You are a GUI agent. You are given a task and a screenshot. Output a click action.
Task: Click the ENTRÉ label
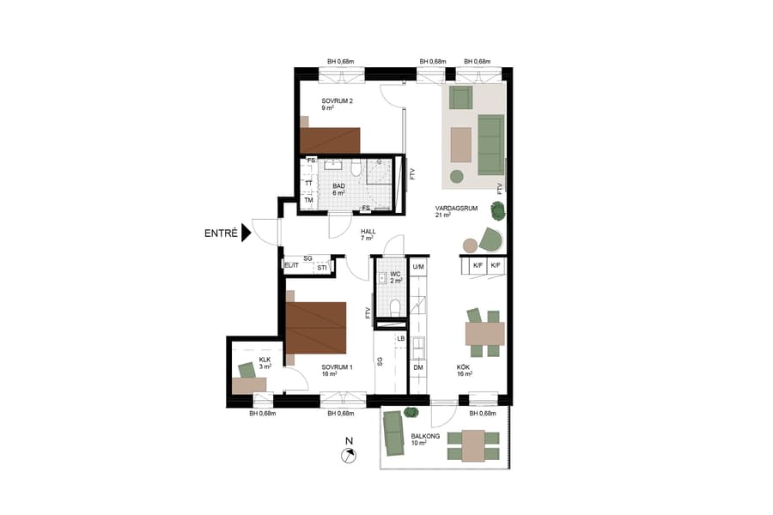221,232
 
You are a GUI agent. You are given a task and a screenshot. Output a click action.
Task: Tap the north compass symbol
348,456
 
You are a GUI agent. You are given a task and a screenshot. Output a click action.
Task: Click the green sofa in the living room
490,143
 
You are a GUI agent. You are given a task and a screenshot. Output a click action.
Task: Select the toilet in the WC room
394,307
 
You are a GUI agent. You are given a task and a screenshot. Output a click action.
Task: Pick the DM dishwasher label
418,367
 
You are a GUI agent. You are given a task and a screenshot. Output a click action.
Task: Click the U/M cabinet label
418,267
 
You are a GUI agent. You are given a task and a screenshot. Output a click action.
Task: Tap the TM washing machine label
307,201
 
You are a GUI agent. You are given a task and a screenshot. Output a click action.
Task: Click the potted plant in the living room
497,209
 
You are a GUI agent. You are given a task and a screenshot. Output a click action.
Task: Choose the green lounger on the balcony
394,433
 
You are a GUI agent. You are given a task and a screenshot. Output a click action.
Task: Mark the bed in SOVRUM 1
315,328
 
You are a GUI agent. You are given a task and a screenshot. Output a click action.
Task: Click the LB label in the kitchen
400,339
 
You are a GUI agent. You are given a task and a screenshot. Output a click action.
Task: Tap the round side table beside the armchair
469,246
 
